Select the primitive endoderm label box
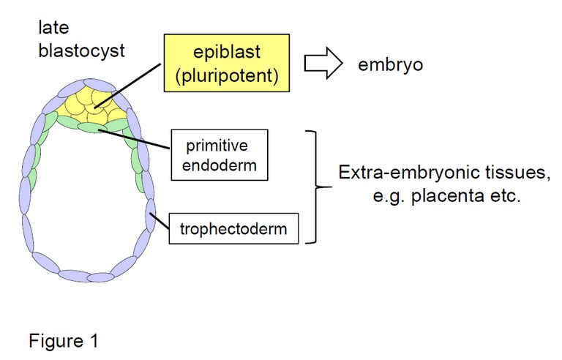click(x=218, y=154)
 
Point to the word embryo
click(x=391, y=64)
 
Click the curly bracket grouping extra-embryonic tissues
click(x=317, y=187)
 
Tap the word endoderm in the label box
click(x=218, y=165)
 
